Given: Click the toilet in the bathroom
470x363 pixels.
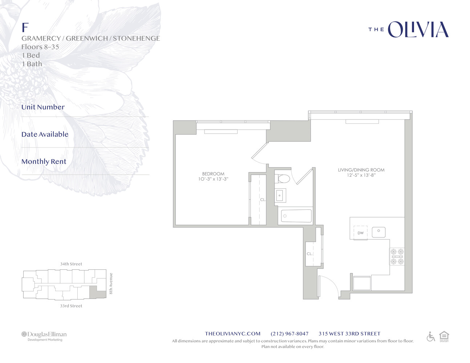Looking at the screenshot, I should coord(283,179).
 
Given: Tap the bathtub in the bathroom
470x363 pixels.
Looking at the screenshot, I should coord(296,216).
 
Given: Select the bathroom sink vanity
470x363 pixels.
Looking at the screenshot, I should coord(280,195).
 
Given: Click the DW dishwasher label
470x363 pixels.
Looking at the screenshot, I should coord(360,233).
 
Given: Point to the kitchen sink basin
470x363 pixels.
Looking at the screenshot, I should coord(378,232).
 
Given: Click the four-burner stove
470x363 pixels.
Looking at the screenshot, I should coord(397,256).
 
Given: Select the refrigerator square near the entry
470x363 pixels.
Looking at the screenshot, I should coord(362,283).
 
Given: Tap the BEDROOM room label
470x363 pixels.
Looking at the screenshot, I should coord(213,174).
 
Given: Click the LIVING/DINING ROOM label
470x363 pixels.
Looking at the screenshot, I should coord(361,170).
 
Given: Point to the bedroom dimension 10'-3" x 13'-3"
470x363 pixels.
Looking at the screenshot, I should coord(213,179).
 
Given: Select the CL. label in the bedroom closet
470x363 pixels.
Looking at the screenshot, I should coord(263,200).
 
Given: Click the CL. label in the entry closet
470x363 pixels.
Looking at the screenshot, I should coord(309,254).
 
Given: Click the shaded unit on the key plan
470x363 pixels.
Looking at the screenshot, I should coord(93,292).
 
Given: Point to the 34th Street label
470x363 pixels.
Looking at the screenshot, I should coord(71,264).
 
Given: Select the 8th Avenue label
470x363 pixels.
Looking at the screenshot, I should coord(111,284).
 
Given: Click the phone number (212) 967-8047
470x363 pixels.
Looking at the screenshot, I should coord(289,334).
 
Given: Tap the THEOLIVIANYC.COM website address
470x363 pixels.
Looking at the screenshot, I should coord(232,334).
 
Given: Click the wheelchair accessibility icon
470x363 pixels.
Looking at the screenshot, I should coord(431,337).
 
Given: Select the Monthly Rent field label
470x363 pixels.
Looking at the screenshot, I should coord(44,162).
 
